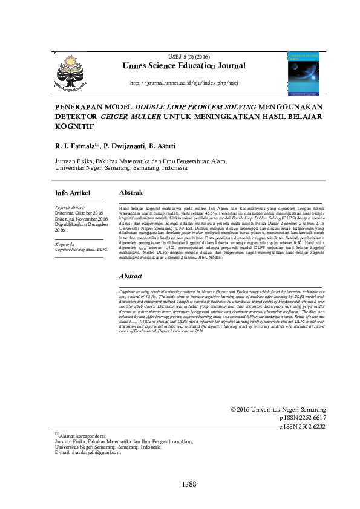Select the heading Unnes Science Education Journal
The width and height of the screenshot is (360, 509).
[184, 66]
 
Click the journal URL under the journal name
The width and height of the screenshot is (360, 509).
[184, 82]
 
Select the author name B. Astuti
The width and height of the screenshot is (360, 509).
[171, 146]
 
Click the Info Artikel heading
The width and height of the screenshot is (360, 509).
[73, 193]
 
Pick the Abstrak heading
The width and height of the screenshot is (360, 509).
[131, 192]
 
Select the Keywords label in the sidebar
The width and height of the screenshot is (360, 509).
[65, 244]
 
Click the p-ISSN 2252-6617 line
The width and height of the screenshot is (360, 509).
[303, 418]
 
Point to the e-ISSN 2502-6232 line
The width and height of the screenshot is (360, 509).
[303, 426]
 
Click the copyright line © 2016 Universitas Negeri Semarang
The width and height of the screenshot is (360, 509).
[278, 409]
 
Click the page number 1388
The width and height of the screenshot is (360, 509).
[189, 484]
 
